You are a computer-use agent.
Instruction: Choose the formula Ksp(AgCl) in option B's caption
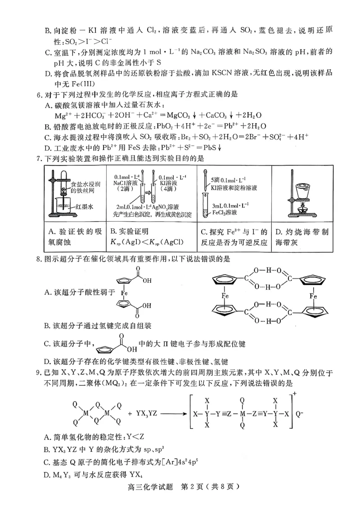[176, 243]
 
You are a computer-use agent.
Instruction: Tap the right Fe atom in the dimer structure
[314, 296]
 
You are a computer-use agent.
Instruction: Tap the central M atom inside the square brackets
[242, 414]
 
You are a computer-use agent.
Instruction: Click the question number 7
[40, 158]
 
